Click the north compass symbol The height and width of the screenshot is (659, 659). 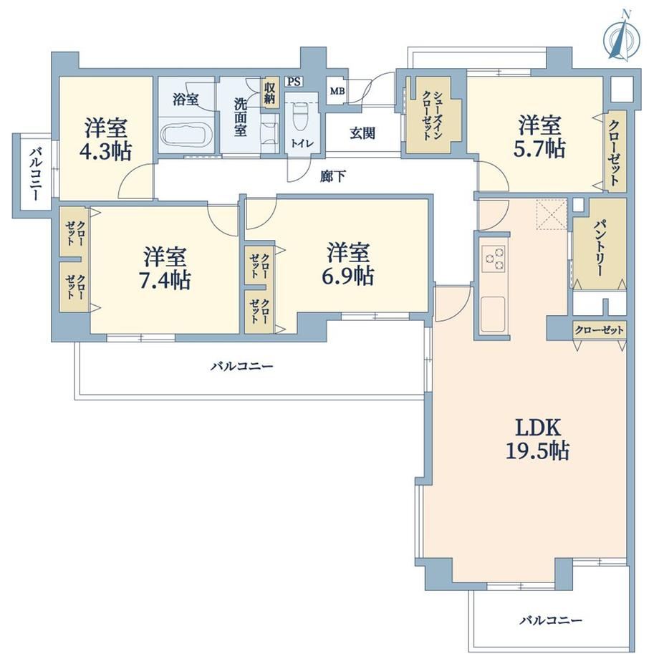pyautogui.click(x=622, y=39)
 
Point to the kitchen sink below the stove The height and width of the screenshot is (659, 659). pyautogui.click(x=493, y=314)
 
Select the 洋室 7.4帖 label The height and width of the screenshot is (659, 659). pyautogui.click(x=165, y=268)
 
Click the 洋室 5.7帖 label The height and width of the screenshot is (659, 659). pyautogui.click(x=539, y=136)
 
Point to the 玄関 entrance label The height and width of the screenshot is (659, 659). pyautogui.click(x=362, y=133)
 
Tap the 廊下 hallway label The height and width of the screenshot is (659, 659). pyautogui.click(x=333, y=176)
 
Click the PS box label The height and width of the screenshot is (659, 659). pyautogui.click(x=294, y=81)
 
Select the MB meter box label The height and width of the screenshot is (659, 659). pyautogui.click(x=337, y=91)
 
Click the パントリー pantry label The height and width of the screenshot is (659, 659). pyautogui.click(x=599, y=249)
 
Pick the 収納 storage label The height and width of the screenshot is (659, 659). pyautogui.click(x=269, y=93)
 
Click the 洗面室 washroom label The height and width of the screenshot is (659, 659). pyautogui.click(x=241, y=117)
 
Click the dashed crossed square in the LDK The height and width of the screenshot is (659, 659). pyautogui.click(x=552, y=215)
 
